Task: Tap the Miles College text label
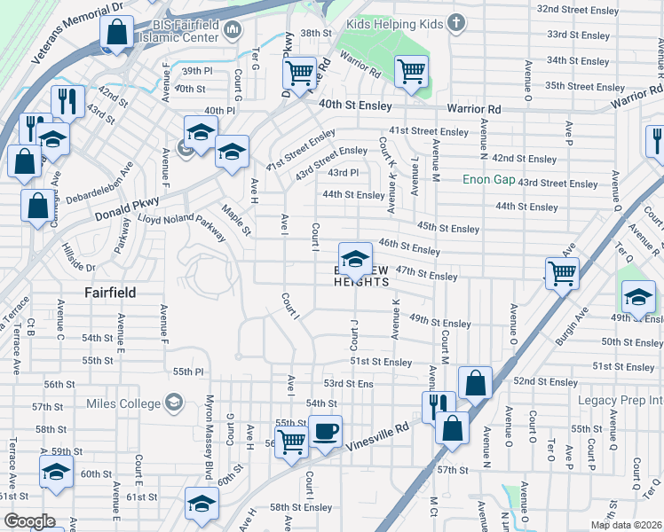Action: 123,404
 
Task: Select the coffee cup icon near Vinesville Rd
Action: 325,432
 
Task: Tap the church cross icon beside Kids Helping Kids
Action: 456,21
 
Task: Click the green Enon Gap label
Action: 488,179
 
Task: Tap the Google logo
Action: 28,521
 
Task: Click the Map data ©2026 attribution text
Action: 626,525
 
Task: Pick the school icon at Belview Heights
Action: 356,258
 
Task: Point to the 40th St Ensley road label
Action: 356,105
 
